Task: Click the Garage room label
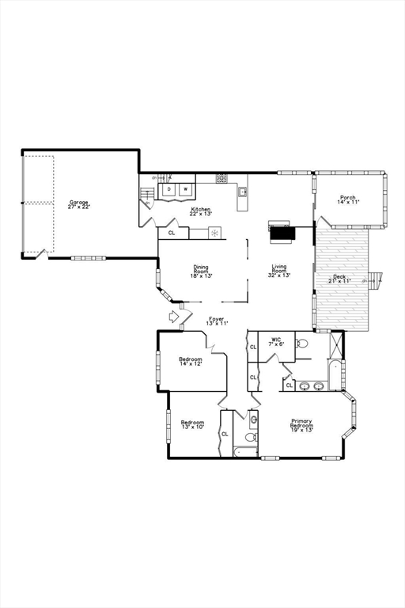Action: (78, 204)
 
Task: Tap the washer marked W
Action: (185, 189)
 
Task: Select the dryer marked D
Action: (168, 189)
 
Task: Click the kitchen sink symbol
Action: (243, 192)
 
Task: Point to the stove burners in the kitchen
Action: (222, 178)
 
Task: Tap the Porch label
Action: (348, 199)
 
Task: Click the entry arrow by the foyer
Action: (174, 317)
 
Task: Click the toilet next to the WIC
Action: (302, 344)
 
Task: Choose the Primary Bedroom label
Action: (301, 425)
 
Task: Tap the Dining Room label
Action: (201, 272)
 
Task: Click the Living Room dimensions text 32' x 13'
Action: (280, 275)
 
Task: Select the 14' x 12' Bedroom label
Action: (191, 362)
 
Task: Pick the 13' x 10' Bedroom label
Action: (192, 424)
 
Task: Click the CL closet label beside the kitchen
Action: (172, 234)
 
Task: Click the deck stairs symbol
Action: (378, 279)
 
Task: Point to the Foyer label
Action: (217, 321)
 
